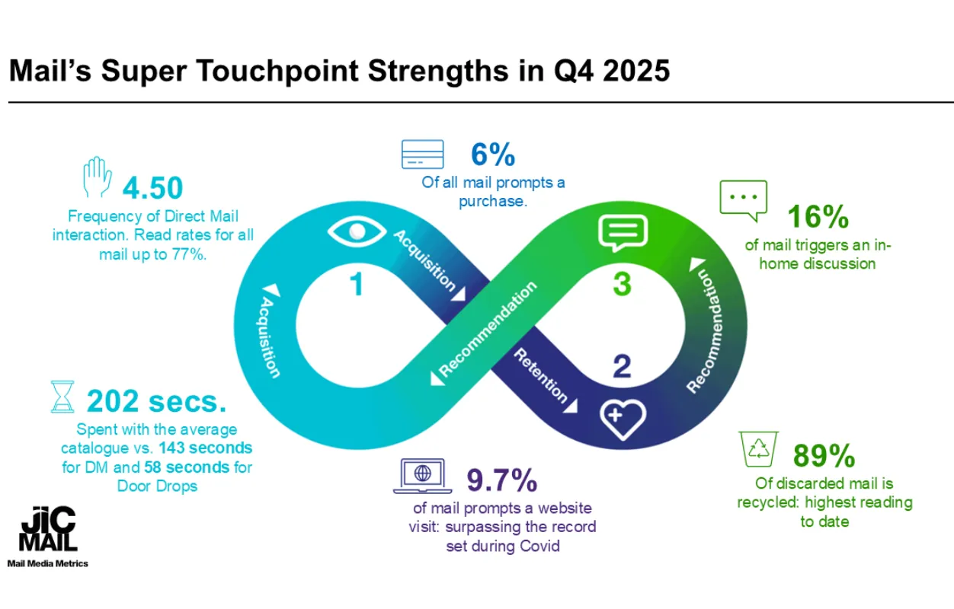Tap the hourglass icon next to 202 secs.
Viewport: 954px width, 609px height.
[x=62, y=397]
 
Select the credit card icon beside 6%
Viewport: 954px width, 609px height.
[x=422, y=155]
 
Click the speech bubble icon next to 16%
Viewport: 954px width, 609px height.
[x=743, y=200]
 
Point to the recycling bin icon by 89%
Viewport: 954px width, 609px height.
[x=759, y=450]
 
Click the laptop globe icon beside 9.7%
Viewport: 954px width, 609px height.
[x=421, y=476]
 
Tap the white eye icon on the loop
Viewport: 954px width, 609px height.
[x=351, y=231]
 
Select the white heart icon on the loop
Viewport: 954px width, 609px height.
[x=623, y=416]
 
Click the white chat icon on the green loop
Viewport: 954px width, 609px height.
[x=623, y=233]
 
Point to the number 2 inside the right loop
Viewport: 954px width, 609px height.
[x=623, y=368]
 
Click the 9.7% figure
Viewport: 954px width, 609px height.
[x=501, y=481]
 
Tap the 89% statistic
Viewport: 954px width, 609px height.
[x=824, y=456]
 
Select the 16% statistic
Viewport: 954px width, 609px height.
[x=818, y=218]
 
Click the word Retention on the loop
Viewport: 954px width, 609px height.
[x=541, y=375]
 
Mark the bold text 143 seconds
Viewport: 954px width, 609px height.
[x=206, y=448]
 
